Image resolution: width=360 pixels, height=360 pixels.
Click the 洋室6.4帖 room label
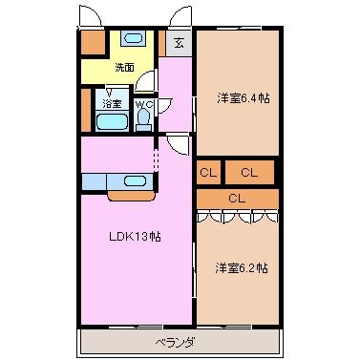pos(244,98)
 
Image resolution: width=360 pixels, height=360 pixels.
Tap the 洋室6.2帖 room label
pos(242,268)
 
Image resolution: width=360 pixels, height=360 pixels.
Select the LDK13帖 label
pos(135,237)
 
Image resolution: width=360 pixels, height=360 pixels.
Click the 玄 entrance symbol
pos(180,42)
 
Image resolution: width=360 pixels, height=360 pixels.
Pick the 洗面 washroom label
pos(124,67)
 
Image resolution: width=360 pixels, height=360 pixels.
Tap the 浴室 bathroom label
pos(112,103)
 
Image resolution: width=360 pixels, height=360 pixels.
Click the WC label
pos(144,104)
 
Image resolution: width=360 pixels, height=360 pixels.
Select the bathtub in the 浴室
pos(112,121)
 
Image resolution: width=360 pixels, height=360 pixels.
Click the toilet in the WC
pos(143,119)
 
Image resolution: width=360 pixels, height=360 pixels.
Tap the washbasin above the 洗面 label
pos(134,38)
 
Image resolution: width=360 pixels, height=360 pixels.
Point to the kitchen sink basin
pos(136,181)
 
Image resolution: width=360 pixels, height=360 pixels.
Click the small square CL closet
pos(208,173)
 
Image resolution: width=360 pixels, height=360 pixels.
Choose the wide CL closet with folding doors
pos(238,199)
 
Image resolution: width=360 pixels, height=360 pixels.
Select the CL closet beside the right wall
pos(249,173)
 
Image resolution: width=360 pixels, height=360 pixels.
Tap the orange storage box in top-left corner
pos(93,42)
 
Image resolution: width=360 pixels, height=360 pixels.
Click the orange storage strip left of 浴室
pos(86,110)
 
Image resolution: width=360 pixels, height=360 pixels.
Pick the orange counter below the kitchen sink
pos(132,196)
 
